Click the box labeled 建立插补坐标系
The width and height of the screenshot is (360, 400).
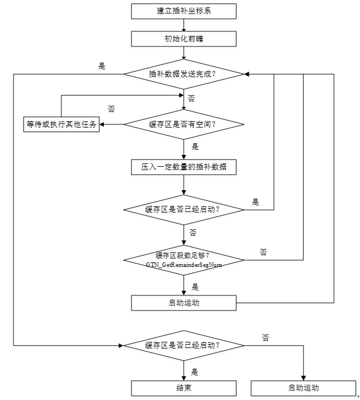click(183, 11)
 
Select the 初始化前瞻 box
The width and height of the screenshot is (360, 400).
click(183, 39)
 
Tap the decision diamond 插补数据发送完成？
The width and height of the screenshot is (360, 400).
click(183, 74)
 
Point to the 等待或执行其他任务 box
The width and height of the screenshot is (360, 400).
click(61, 124)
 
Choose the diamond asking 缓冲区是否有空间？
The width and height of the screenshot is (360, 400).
click(183, 124)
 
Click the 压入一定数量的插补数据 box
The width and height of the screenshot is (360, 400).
click(183, 167)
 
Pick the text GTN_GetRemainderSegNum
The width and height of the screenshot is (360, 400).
click(184, 264)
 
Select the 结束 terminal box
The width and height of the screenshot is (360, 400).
click(183, 388)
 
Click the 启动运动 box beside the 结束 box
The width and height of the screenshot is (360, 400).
click(303, 388)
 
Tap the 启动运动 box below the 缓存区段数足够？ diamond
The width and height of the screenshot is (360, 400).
click(183, 303)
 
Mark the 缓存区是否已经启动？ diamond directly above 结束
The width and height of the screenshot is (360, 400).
click(183, 346)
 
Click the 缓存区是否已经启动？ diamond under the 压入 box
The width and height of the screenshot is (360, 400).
click(183, 209)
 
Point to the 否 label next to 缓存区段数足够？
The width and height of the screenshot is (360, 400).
click(263, 252)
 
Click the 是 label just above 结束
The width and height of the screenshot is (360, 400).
click(195, 371)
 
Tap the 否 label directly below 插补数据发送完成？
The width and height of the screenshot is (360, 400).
click(191, 98)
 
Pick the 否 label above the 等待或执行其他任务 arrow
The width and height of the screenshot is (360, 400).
click(111, 109)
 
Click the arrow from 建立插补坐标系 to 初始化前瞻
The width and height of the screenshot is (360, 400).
click(183, 25)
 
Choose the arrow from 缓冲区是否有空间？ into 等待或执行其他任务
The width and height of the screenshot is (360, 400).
click(111, 124)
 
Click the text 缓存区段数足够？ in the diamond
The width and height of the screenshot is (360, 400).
click(183, 255)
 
